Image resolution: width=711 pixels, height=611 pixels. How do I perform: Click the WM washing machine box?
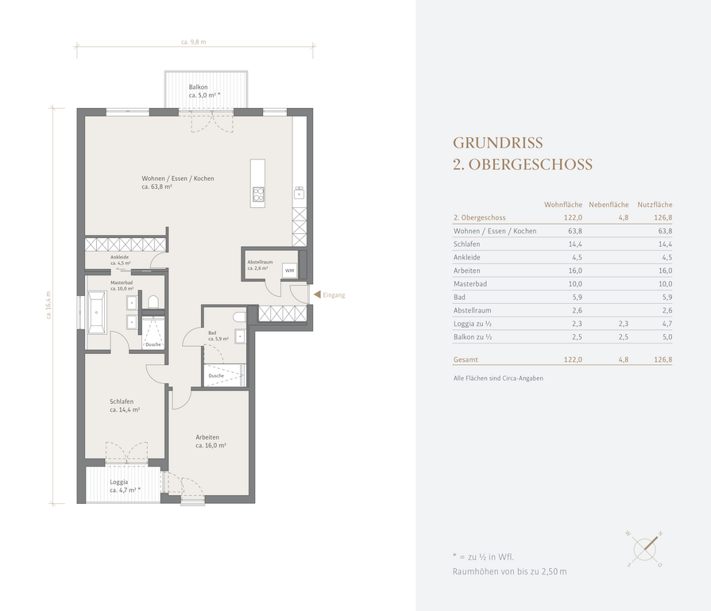[x=290, y=271]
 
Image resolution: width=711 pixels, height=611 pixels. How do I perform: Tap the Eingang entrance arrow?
[x=318, y=295]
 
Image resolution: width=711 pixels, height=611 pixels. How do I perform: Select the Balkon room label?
[x=198, y=87]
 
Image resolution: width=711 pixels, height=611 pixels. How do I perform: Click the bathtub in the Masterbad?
[x=97, y=313]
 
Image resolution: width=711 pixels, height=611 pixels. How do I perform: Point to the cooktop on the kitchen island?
[x=258, y=194]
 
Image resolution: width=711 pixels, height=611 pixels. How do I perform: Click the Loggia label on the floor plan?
[x=119, y=482]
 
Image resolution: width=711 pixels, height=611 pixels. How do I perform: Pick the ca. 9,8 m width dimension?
[x=194, y=42]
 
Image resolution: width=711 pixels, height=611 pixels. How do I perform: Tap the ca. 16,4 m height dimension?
[x=48, y=305]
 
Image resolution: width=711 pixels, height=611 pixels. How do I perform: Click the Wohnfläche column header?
[x=563, y=205]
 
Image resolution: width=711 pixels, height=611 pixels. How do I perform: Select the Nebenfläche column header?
[x=609, y=205]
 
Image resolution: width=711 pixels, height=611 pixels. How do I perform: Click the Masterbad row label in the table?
[x=469, y=284]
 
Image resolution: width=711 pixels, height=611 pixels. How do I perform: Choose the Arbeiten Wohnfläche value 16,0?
[x=575, y=271]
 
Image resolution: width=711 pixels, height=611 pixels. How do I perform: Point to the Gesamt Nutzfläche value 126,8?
[x=663, y=359]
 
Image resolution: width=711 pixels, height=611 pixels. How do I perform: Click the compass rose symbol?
[x=644, y=549]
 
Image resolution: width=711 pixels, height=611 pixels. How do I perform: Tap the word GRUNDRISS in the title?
[x=498, y=143]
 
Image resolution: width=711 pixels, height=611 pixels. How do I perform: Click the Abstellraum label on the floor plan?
[x=260, y=262]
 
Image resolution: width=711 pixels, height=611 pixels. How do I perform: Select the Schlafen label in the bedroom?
[x=122, y=402]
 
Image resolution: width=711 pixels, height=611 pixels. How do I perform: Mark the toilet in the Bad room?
[x=239, y=317]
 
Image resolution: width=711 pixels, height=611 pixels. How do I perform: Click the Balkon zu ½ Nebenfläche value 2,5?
[x=623, y=337]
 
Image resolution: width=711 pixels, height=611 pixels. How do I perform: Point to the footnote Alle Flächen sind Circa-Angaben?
[x=498, y=379]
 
